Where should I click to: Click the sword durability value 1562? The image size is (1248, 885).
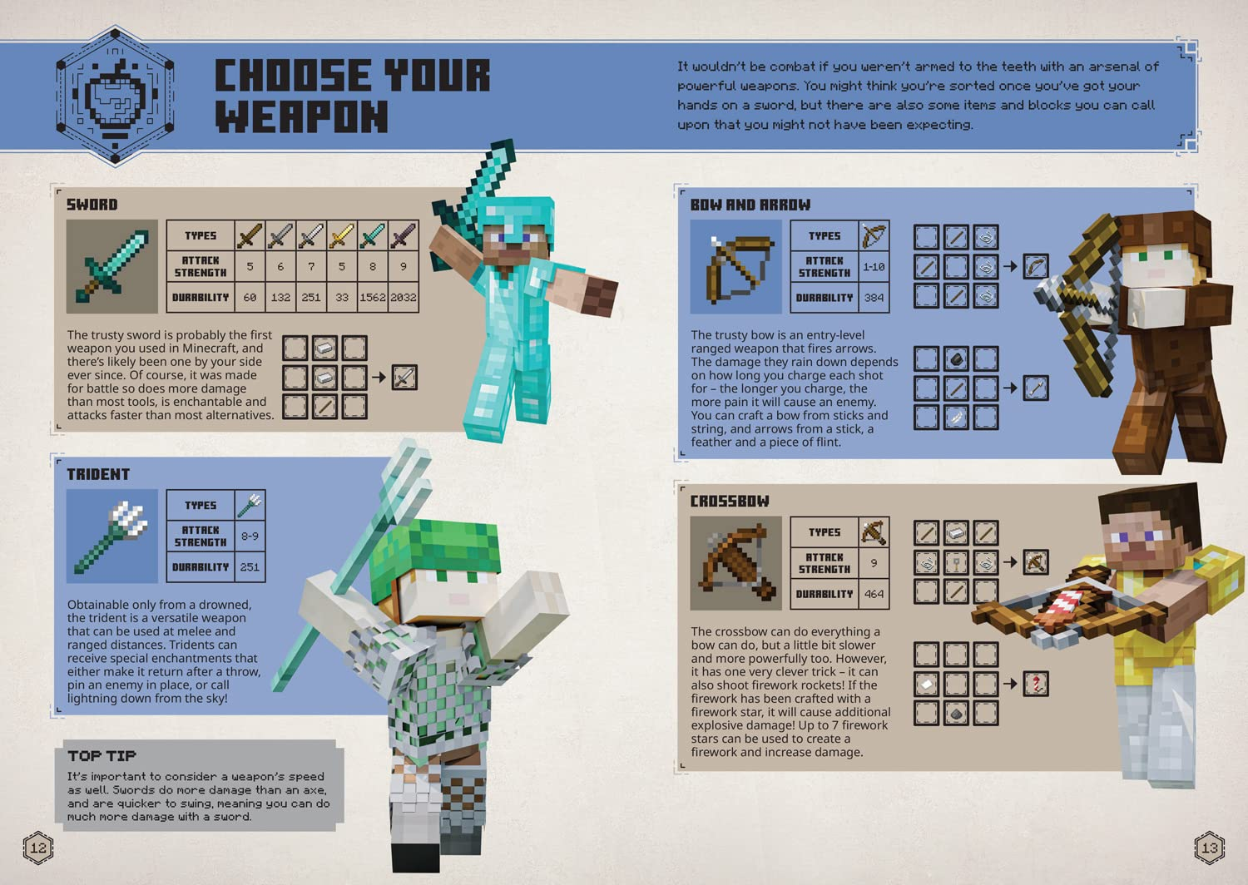tap(373, 297)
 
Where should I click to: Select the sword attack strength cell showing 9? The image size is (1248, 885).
tap(404, 267)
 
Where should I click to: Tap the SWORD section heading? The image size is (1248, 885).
tap(92, 205)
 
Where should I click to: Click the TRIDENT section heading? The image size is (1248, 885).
tap(98, 474)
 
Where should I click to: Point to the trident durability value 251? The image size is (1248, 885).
tap(250, 567)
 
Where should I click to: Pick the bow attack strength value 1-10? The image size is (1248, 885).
tap(874, 267)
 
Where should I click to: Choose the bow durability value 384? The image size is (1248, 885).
tap(874, 298)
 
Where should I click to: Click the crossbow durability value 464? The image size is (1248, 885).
tap(874, 594)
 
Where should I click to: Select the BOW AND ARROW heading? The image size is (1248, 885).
tap(750, 205)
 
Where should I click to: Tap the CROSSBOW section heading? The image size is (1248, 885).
tap(730, 502)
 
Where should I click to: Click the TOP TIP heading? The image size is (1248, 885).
tap(102, 755)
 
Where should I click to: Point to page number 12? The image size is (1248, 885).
tap(38, 848)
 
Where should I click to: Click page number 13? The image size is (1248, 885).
tap(1209, 848)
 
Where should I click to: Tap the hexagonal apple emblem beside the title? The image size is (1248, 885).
tap(115, 96)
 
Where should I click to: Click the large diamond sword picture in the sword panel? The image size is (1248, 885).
tap(112, 266)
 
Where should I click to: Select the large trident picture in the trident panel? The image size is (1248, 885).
tap(112, 536)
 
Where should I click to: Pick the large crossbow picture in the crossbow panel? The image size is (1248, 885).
tap(735, 563)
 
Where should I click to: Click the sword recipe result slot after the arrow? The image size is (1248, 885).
tap(404, 378)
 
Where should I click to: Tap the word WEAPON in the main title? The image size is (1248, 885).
tap(301, 116)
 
